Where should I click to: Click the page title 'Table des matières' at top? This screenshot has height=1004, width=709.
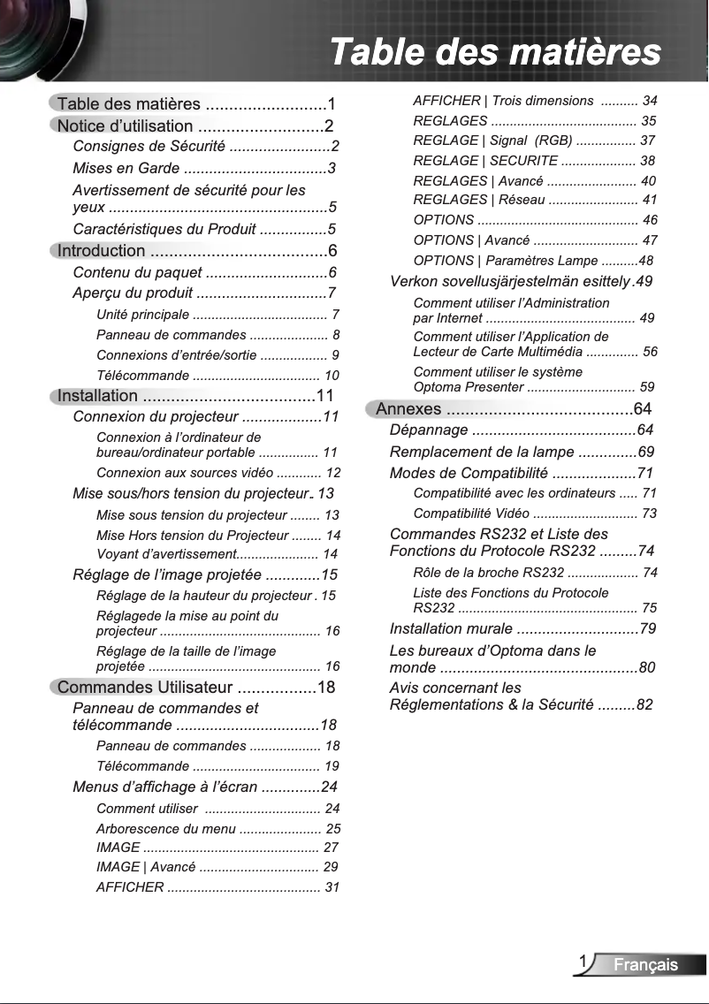[x=495, y=51]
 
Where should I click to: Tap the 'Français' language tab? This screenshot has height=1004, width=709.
[x=646, y=964]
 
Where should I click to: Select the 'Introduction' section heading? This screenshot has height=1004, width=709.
[x=101, y=251]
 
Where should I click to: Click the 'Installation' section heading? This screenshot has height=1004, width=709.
[x=97, y=396]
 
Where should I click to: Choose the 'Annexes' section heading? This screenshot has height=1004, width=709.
[x=408, y=408]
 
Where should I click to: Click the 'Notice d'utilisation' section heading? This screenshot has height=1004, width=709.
[x=125, y=126]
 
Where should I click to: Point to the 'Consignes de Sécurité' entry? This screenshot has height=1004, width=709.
[x=149, y=147]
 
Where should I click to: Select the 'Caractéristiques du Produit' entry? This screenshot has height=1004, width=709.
[x=164, y=230]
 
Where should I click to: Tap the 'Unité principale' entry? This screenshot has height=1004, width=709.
[x=142, y=315]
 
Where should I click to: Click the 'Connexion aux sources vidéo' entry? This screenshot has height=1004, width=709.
[x=185, y=473]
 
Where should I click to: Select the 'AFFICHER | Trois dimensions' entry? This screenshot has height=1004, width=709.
[x=503, y=101]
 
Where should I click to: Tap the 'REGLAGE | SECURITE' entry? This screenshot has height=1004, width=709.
[x=485, y=161]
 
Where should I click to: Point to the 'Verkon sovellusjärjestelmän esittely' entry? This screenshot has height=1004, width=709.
[x=509, y=282]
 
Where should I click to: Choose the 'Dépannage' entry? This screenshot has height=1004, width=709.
[x=429, y=430]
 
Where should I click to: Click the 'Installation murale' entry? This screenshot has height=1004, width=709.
[x=451, y=629]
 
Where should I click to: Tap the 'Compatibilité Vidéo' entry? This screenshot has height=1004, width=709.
[x=471, y=513]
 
